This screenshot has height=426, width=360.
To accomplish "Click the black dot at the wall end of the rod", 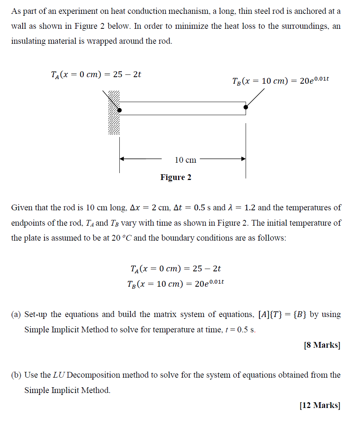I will [x=119, y=111].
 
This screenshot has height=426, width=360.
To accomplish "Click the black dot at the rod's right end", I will [x=246, y=107].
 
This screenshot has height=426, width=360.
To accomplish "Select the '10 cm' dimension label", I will [x=185, y=160].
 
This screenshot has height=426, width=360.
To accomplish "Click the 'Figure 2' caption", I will [x=176, y=177].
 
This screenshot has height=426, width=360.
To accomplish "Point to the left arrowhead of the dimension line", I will [x=122, y=159].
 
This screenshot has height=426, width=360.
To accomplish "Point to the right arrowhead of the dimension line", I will [x=243, y=159].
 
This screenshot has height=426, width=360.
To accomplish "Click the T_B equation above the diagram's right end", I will [x=281, y=81].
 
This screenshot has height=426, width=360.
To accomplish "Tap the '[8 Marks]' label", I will [x=322, y=345].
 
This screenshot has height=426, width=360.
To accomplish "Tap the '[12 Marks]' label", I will [x=320, y=405].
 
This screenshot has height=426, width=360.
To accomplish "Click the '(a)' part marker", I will [x=16, y=315].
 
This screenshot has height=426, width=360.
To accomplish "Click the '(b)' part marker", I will [x=16, y=375].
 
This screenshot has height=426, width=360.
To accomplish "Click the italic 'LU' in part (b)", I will [x=59, y=375].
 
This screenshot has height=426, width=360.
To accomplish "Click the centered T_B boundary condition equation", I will [x=175, y=284].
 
